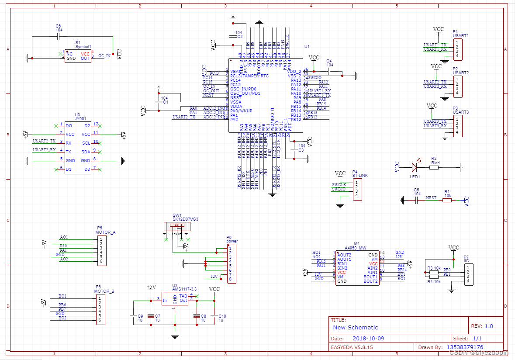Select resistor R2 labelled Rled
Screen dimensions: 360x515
(x=434, y=167)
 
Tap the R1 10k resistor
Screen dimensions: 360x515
(x=447, y=201)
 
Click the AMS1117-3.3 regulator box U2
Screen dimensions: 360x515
(x=175, y=298)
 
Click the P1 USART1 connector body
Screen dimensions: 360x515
(x=457, y=49)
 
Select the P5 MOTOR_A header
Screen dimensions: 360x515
(x=101, y=250)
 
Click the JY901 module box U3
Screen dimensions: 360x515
(x=78, y=148)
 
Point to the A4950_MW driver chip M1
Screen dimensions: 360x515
(x=357, y=267)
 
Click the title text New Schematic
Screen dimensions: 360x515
(x=355, y=327)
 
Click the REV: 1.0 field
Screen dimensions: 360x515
(x=482, y=326)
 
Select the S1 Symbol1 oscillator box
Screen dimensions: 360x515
(x=78, y=55)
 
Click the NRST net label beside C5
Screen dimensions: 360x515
(x=431, y=197)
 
